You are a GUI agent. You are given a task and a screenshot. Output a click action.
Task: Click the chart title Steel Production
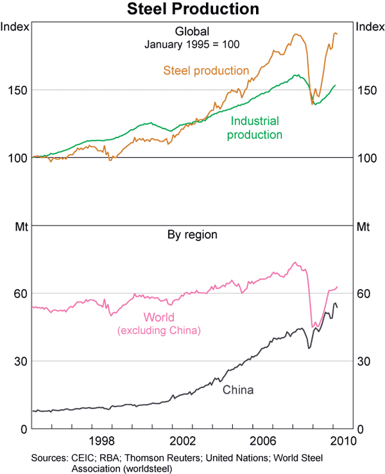tap(193, 9)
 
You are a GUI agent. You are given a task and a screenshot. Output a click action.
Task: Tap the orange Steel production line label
tap(206, 71)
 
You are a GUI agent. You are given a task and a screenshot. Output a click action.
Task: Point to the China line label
tap(238, 390)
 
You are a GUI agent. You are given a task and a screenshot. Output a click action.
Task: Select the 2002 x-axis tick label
tap(182, 441)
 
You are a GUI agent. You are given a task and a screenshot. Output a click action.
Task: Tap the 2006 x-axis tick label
tap(263, 441)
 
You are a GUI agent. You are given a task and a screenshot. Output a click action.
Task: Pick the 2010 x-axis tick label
tap(343, 441)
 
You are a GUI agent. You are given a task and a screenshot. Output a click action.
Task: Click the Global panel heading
tap(193, 31)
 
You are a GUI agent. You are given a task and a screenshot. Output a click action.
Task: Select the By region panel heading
tap(193, 235)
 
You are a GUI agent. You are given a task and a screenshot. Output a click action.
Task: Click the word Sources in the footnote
tap(49, 457)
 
